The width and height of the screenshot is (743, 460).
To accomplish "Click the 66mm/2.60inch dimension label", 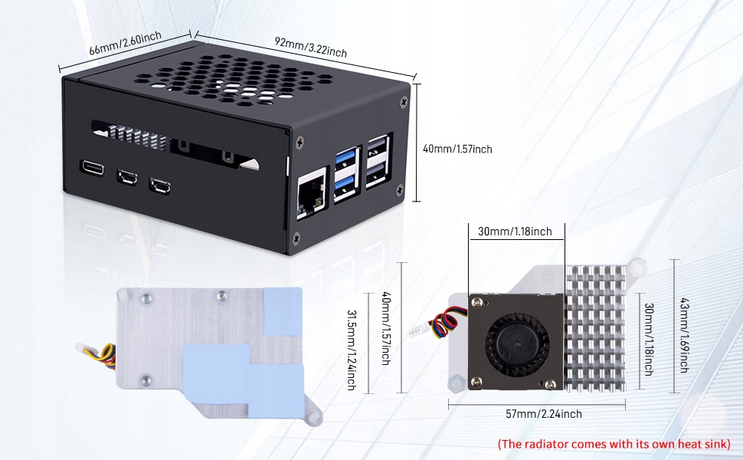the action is click(x=124, y=46).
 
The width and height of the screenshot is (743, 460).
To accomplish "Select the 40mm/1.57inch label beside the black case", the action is click(x=457, y=149).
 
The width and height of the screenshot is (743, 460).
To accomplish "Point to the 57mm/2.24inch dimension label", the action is click(x=544, y=414).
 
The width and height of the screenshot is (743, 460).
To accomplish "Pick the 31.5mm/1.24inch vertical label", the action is click(x=352, y=349).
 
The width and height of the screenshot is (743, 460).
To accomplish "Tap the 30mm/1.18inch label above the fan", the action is click(x=515, y=232).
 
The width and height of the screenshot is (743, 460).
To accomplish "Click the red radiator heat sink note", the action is click(x=614, y=444).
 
